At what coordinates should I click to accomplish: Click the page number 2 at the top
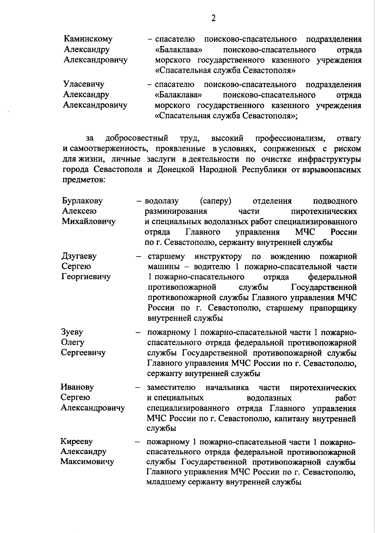tap(213, 18)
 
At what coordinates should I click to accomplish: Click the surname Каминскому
tap(88, 39)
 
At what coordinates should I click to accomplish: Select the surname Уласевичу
tap(84, 84)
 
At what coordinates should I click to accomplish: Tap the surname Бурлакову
tap(82, 201)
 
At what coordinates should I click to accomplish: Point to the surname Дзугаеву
tap(79, 256)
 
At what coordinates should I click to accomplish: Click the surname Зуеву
tap(72, 332)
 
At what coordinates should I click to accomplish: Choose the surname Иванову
tap(77, 387)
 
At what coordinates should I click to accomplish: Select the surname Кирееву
tap(77, 441)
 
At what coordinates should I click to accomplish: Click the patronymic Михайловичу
tap(88, 222)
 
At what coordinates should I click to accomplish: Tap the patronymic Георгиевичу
tap(86, 277)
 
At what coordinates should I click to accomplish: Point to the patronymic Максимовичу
tap(87, 462)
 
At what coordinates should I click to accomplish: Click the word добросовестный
tap(137, 138)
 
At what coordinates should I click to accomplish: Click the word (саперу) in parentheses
tap(217, 201)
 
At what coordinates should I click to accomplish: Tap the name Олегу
tap(72, 342)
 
